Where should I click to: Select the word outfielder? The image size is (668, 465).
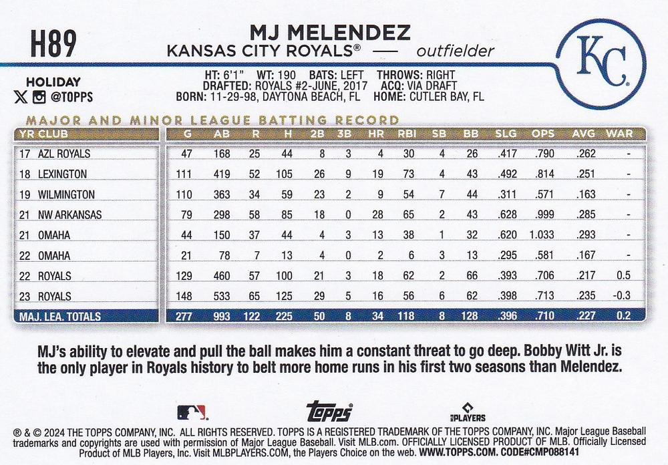(455, 51)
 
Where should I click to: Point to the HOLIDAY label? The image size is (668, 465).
(53, 82)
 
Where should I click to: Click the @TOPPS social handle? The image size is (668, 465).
(70, 97)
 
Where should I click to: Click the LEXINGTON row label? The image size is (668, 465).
(62, 174)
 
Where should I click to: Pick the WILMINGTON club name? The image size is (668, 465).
(65, 194)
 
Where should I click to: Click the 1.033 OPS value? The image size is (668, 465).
(542, 235)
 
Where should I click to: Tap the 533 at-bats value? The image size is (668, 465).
(220, 296)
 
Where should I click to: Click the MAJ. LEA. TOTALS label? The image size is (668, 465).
(60, 317)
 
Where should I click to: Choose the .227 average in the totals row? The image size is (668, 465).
(583, 317)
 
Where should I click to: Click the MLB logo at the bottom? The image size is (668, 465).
(192, 412)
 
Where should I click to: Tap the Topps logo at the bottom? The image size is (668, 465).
(329, 411)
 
